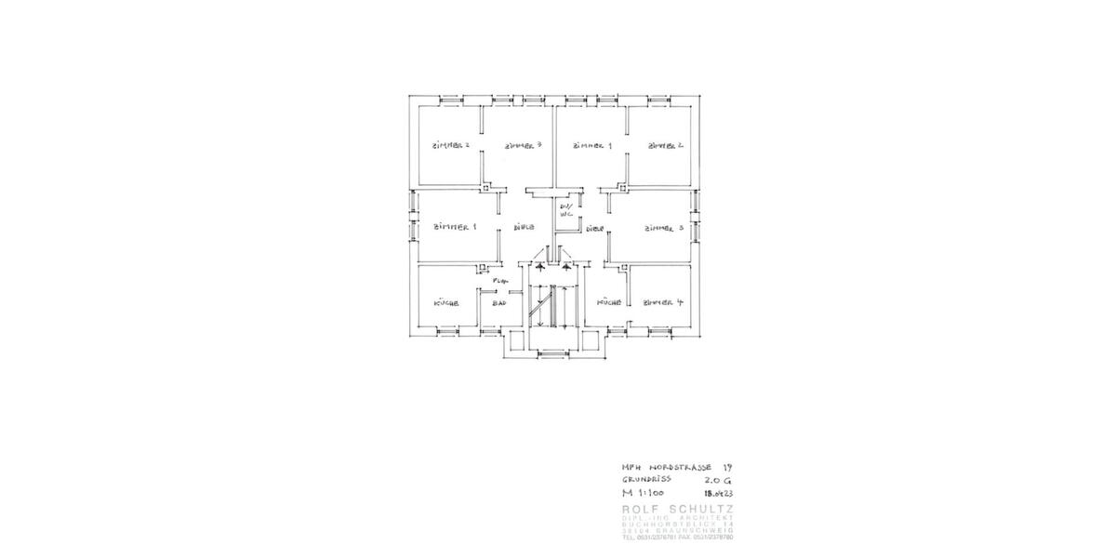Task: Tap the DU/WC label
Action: pos(564,210)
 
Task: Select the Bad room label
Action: pos(499,303)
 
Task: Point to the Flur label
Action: pos(499,280)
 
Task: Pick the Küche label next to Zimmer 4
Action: pos(608,302)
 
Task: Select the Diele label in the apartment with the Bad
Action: pos(523,227)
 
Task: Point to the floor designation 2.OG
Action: pos(719,480)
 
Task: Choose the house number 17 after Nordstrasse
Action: pos(727,467)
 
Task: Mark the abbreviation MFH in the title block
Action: pos(631,467)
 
